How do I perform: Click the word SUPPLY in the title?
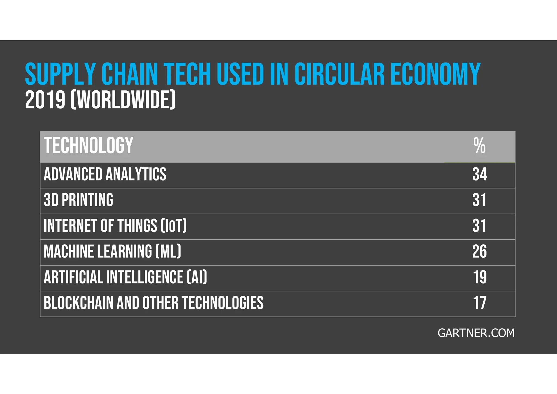tap(60, 74)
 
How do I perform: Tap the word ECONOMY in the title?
tap(435, 74)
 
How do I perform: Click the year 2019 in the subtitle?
tap(45, 100)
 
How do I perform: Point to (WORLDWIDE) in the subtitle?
tap(123, 100)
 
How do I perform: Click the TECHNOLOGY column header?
tap(88, 146)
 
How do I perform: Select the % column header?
tap(479, 146)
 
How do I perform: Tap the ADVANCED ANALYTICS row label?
tap(105, 174)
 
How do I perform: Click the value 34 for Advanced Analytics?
tap(479, 174)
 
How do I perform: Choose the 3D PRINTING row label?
tap(78, 200)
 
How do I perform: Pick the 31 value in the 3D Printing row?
tap(479, 200)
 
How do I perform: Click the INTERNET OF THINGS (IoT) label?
tap(115, 226)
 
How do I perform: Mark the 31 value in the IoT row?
tap(479, 226)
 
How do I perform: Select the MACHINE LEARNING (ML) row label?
tap(112, 251)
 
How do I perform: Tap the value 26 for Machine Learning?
tap(479, 251)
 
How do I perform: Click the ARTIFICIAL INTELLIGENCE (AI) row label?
tap(125, 277)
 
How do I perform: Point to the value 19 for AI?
tap(479, 277)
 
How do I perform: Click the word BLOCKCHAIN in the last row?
tap(78, 303)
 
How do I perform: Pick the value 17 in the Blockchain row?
tap(479, 303)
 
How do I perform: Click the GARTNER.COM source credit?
tap(476, 333)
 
